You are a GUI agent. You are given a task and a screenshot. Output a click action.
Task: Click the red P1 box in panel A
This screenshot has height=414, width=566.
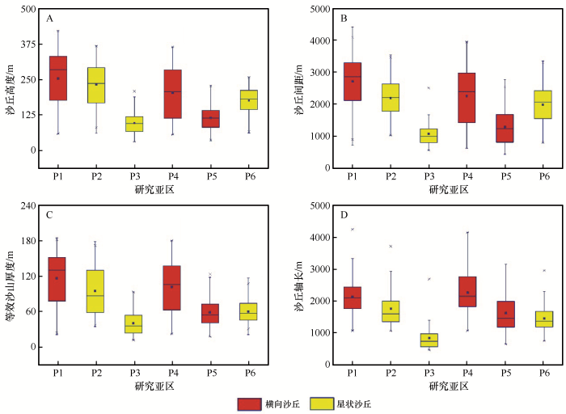click(x=57, y=78)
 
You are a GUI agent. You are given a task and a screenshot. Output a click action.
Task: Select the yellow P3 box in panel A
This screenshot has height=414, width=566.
click(x=134, y=124)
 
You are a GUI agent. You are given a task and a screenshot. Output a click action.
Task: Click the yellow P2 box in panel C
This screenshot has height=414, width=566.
click(x=96, y=291)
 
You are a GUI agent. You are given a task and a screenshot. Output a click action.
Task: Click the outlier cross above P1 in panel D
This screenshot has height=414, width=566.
click(x=353, y=230)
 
